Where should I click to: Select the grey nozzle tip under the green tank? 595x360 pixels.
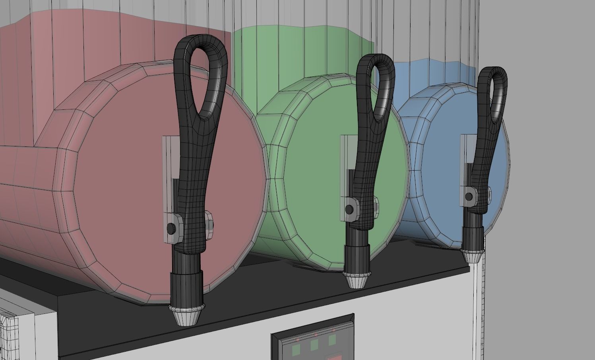coord(357,280)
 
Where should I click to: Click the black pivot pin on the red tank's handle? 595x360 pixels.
coord(171,229)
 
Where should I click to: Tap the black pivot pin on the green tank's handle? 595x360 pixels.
coord(350,209)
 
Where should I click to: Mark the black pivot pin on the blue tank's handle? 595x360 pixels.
coord(469,196)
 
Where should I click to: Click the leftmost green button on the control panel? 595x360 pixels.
coord(296,350)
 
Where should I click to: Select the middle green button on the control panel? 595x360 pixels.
coord(314,345)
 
